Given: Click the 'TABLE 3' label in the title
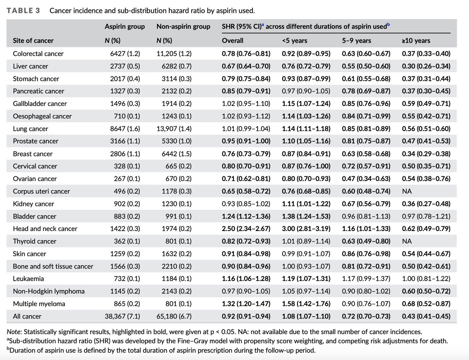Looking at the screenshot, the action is pos(23,11).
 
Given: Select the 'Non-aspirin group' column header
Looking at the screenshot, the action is pos(183,26).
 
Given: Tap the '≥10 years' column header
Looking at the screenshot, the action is pos(416,41).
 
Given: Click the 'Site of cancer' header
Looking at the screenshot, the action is pos(33,41).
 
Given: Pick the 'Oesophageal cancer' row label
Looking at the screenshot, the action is pos(42,116).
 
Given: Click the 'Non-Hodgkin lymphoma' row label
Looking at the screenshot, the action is pos(49,291).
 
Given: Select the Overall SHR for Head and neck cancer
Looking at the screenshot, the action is pos(246,229).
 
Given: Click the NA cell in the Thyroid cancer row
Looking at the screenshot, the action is pos(406,241).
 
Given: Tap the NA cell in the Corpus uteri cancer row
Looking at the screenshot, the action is pos(406,191).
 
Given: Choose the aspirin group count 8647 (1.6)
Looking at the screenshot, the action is pos(125,129).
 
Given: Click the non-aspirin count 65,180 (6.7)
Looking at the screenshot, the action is pos(174,316).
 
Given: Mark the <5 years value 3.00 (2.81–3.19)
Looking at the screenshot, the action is pos(306,229).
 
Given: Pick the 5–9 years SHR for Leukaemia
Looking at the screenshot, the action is pos(366,279).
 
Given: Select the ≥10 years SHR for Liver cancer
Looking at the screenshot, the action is pos(426,66).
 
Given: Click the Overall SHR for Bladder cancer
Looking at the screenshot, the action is pos(246,216).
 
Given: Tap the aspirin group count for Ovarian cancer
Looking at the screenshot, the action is pos(127,179).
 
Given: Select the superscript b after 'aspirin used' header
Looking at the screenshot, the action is pos(388,24).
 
